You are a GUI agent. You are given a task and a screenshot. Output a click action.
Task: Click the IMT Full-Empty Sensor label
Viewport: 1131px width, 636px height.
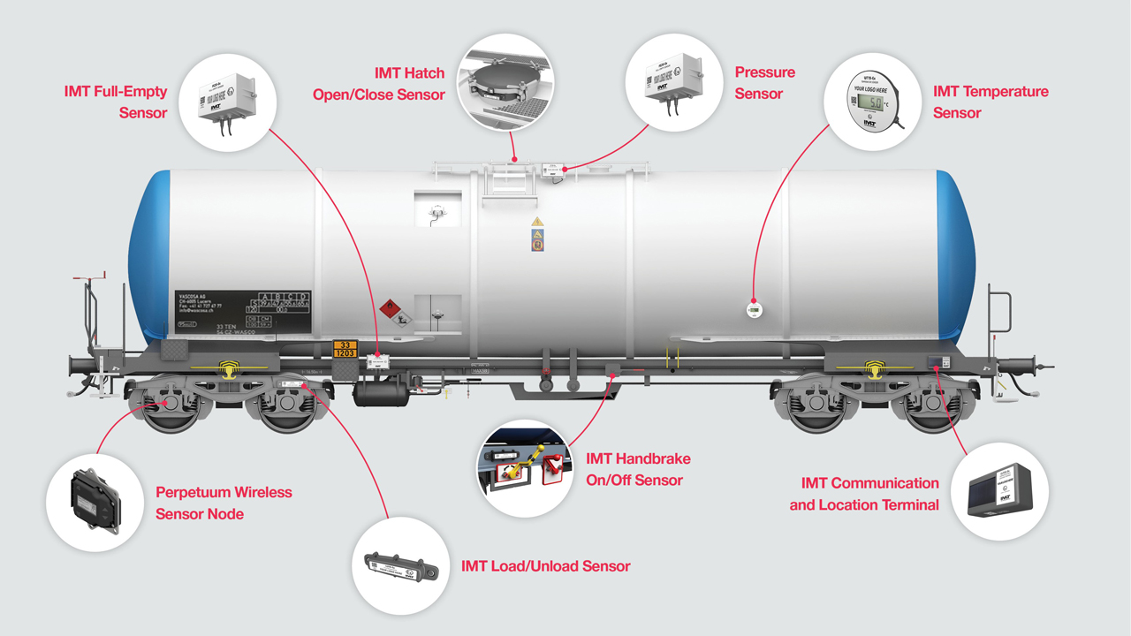[116, 102]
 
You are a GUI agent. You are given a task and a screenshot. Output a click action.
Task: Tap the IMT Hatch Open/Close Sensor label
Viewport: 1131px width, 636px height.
[378, 83]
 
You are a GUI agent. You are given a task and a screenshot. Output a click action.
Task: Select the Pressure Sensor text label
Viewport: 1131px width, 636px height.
[764, 83]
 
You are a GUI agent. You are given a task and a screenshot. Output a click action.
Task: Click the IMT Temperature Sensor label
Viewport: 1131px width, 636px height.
[991, 102]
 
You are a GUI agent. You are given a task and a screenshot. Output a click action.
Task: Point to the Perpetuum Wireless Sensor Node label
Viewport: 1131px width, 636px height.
[224, 503]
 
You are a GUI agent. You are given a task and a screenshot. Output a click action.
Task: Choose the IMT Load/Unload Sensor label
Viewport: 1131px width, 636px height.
[545, 565]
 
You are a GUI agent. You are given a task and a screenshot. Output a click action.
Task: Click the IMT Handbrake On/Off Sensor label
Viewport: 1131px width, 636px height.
[638, 469]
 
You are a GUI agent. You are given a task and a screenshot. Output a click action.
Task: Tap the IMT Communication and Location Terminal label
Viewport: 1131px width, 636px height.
[863, 494]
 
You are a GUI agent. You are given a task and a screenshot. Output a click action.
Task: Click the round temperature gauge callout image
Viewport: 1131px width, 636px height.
[868, 101]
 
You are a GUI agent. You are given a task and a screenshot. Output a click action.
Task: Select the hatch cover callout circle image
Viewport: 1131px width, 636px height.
[505, 83]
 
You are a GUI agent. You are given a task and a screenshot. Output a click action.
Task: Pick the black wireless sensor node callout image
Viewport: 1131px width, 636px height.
[95, 503]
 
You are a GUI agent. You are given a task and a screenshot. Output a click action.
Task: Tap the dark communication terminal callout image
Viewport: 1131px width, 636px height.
[999, 491]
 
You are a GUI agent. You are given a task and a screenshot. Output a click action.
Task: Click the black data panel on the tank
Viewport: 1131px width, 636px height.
[243, 311]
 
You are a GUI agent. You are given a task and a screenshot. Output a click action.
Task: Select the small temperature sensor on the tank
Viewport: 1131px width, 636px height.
[754, 310]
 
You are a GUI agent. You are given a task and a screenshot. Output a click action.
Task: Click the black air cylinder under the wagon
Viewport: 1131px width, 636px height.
[380, 392]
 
